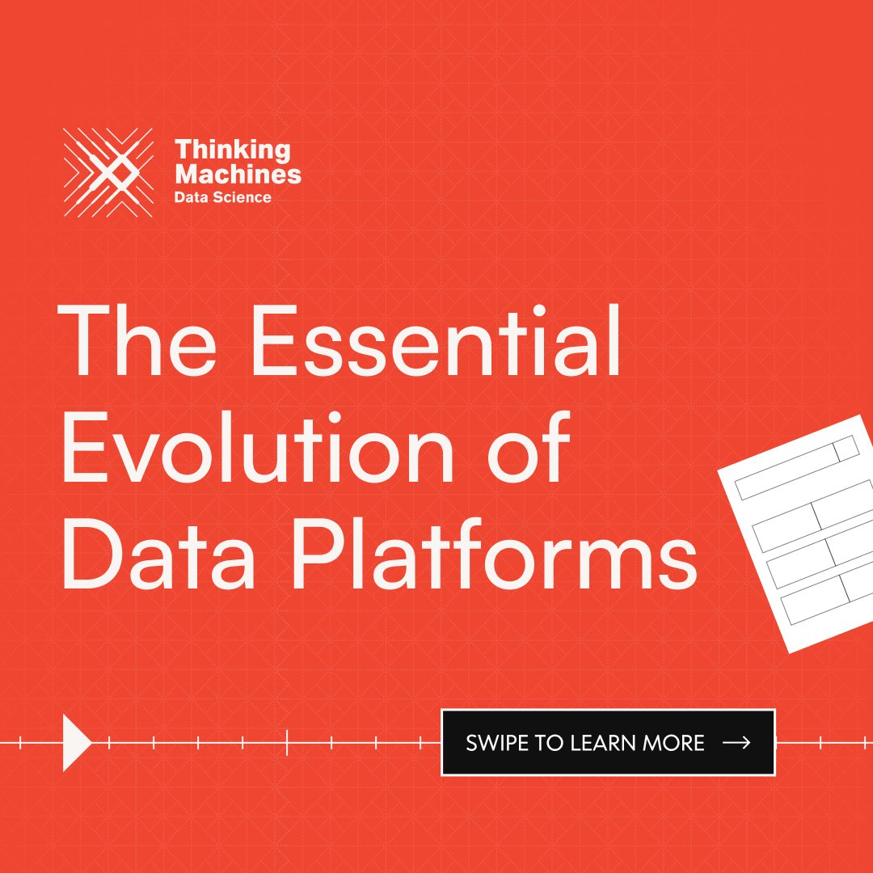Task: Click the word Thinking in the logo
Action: coord(233,150)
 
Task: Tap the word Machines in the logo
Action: coord(238,173)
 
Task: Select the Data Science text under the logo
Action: coord(223,196)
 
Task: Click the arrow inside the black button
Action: coord(736,743)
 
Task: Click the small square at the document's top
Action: coord(846,449)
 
